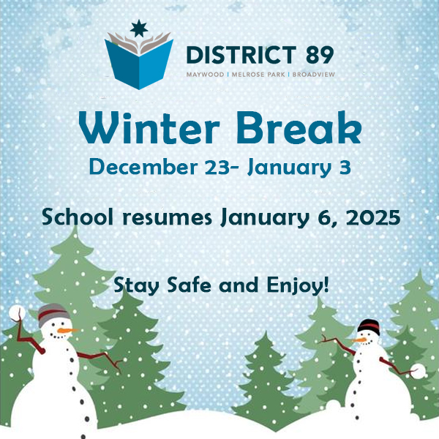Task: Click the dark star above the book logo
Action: (x=139, y=29)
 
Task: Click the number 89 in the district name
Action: (x=320, y=55)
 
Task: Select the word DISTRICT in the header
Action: (x=241, y=55)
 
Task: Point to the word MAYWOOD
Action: (x=205, y=75)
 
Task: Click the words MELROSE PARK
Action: (x=258, y=75)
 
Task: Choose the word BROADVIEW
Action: (x=314, y=75)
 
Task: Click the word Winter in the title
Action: (x=149, y=127)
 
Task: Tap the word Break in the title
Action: (x=299, y=127)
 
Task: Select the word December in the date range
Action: (x=143, y=167)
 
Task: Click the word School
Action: (x=78, y=217)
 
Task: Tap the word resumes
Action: (x=167, y=218)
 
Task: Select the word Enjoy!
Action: (x=298, y=286)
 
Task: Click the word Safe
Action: (x=189, y=285)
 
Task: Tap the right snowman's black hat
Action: (x=369, y=327)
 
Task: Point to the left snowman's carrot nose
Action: (x=67, y=331)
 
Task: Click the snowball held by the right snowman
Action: (x=418, y=371)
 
